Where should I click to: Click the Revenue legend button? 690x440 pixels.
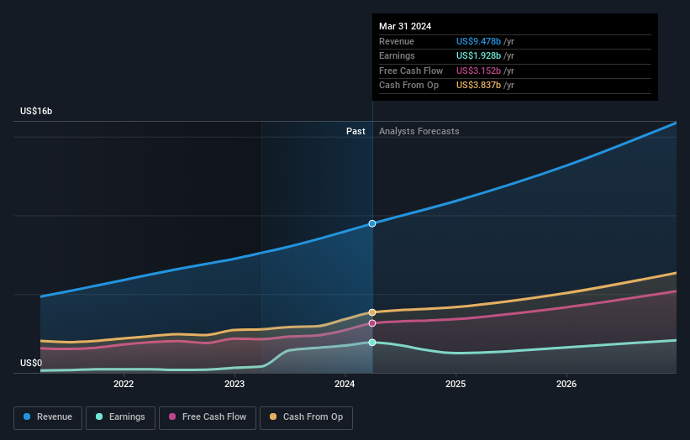(x=48, y=416)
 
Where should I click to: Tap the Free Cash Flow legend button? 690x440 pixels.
(x=207, y=416)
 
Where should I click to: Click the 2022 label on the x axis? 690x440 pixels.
(x=124, y=384)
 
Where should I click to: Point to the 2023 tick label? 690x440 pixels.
(x=234, y=384)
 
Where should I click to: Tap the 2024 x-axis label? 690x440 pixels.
(x=345, y=384)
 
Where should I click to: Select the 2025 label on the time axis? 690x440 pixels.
(x=456, y=384)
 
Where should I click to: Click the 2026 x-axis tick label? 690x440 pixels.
(x=566, y=384)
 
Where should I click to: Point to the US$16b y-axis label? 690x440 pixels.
(x=36, y=111)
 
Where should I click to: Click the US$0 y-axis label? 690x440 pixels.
(x=31, y=363)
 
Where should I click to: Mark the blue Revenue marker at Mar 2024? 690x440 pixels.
(x=372, y=223)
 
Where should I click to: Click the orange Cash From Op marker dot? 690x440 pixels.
(x=372, y=312)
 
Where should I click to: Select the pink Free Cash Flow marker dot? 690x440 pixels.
(x=372, y=322)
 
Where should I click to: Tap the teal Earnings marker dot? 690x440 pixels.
(x=372, y=343)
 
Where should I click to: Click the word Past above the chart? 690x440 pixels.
(x=356, y=131)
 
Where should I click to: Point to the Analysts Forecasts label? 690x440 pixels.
(x=419, y=131)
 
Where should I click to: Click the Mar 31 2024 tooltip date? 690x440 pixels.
(x=405, y=26)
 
